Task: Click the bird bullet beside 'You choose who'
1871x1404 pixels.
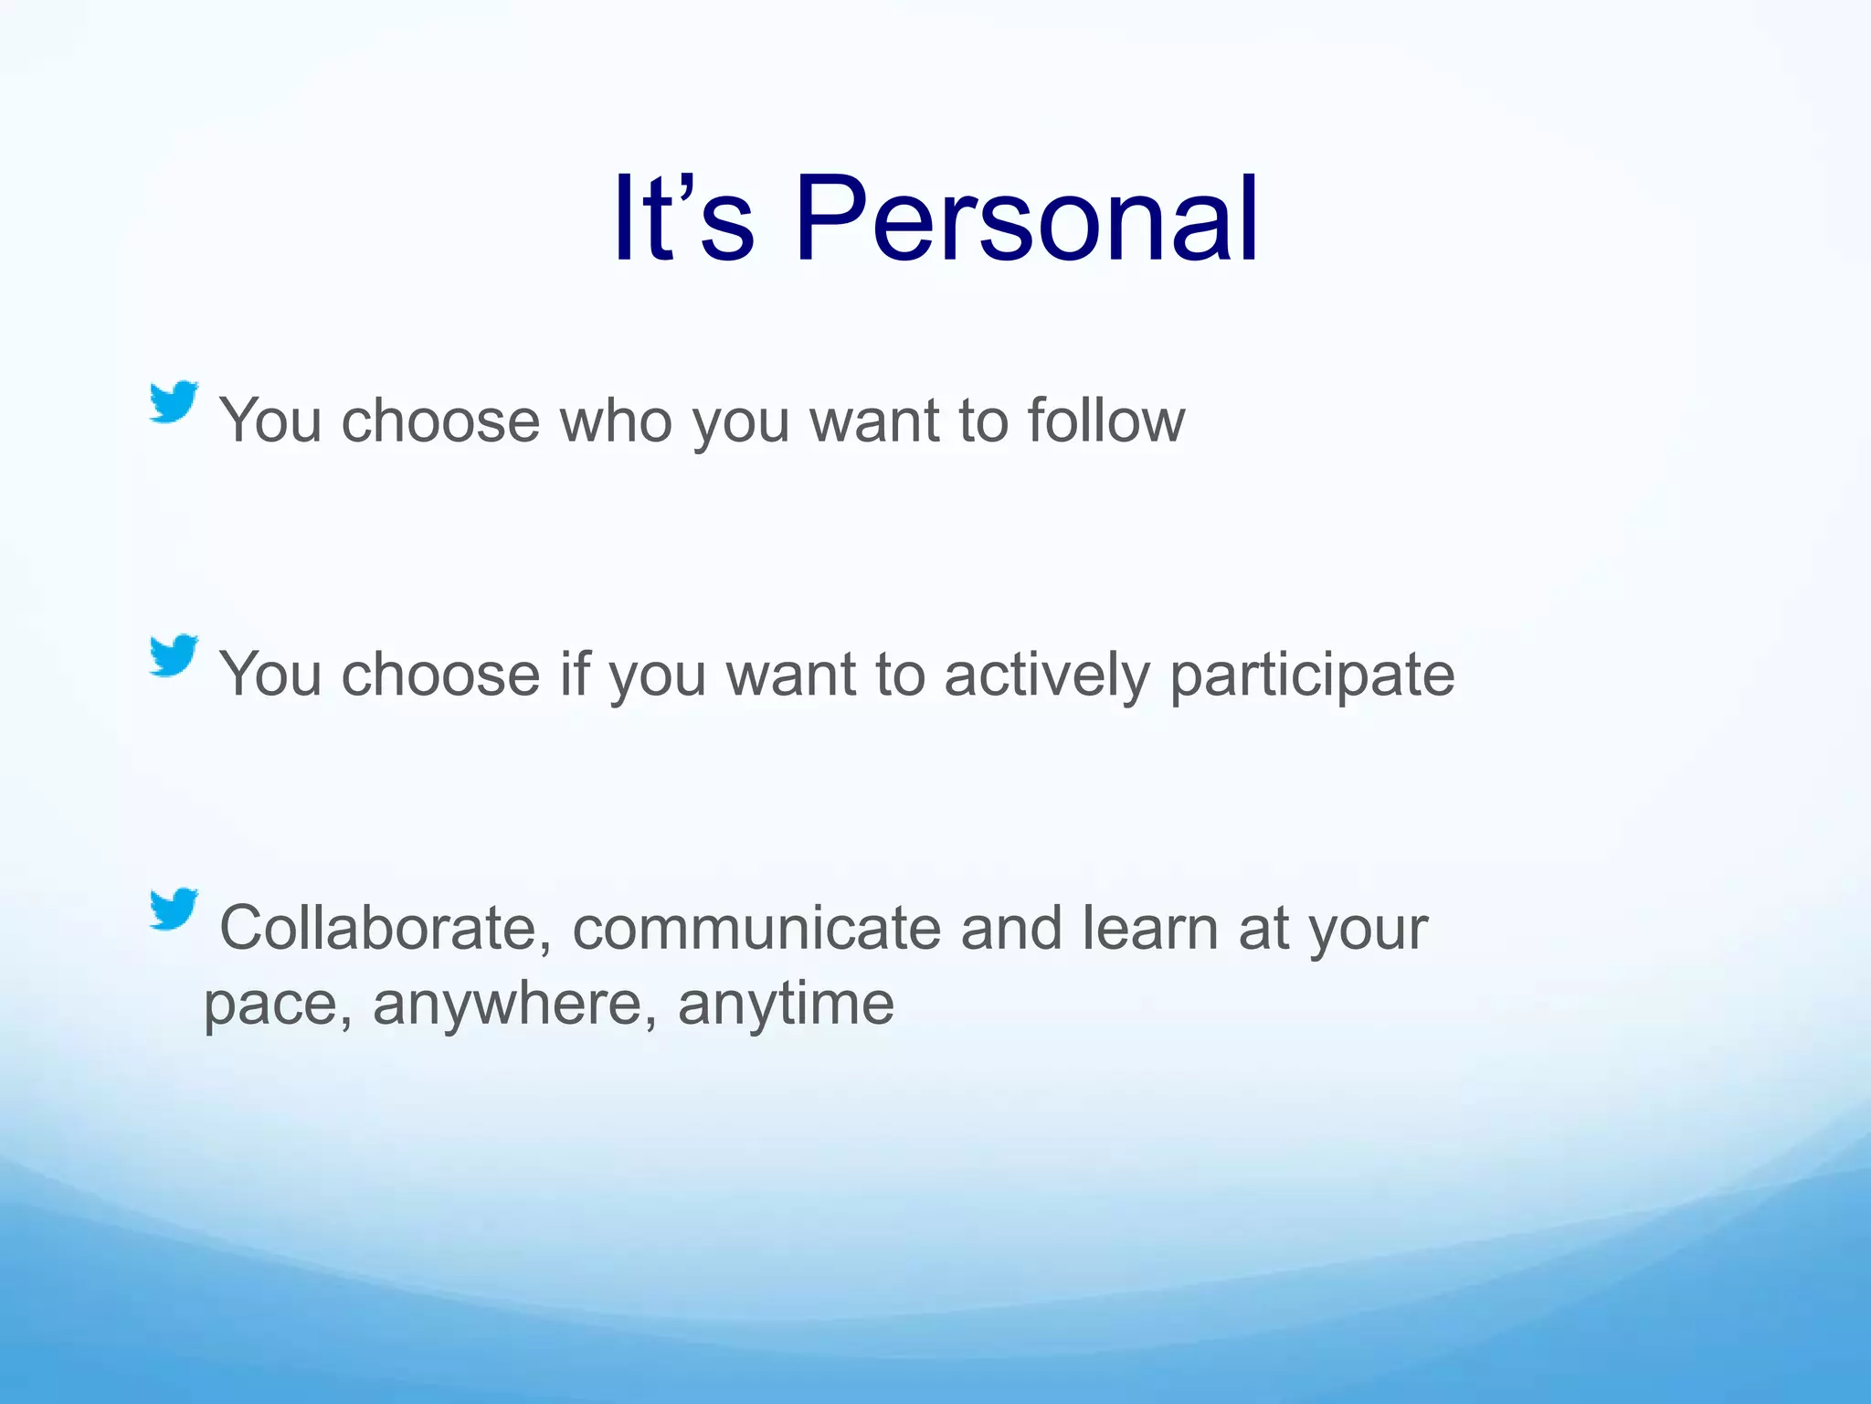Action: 174,402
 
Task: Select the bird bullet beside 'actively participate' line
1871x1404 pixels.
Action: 174,655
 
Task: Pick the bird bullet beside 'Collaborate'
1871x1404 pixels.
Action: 174,909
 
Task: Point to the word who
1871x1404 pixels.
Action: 616,420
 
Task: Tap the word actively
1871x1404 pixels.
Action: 1046,675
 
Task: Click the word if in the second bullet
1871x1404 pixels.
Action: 575,675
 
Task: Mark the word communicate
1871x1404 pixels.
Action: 756,929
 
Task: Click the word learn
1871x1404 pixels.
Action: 1151,929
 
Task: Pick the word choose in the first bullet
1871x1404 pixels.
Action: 440,420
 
